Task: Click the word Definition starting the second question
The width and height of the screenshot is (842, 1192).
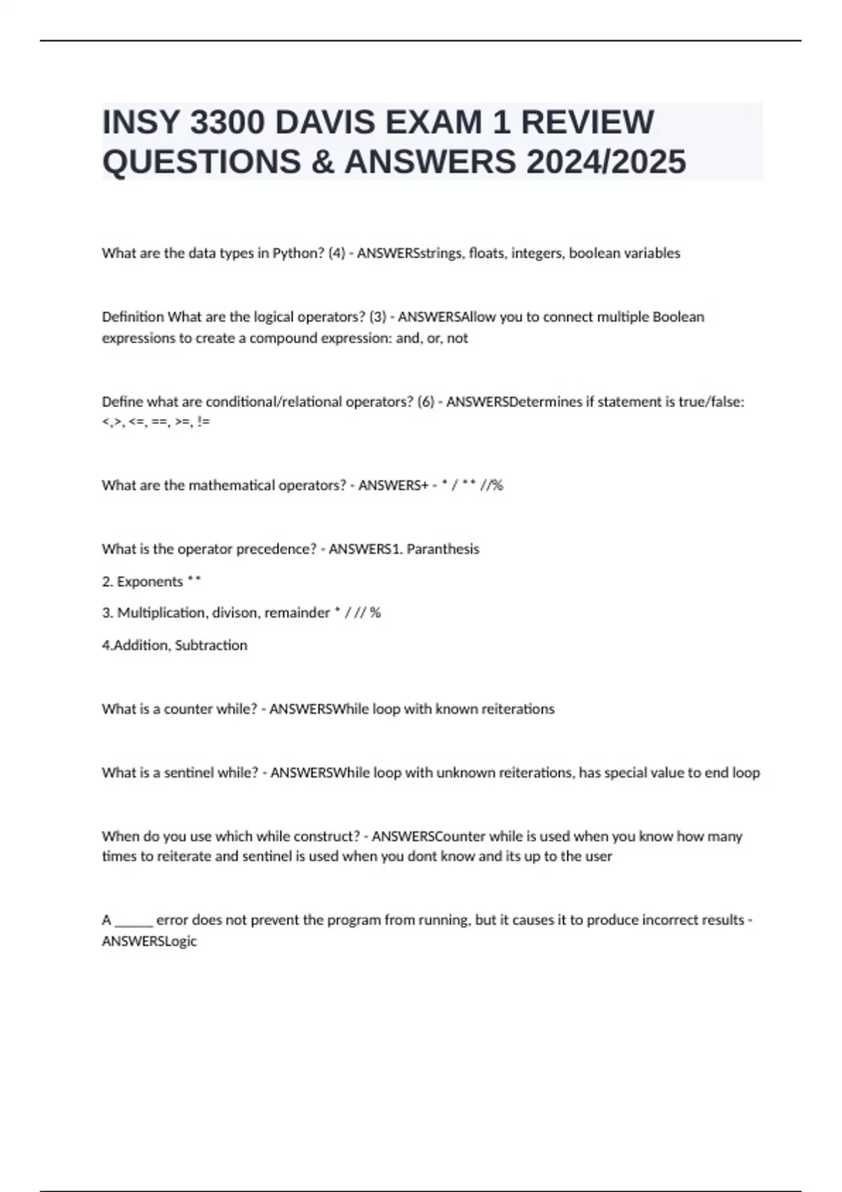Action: pyautogui.click(x=133, y=317)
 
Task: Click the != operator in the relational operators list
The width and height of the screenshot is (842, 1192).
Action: pyautogui.click(x=203, y=422)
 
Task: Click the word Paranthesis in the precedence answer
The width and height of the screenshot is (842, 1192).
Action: pyautogui.click(x=443, y=549)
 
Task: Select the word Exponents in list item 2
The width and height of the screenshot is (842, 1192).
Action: pyautogui.click(x=149, y=582)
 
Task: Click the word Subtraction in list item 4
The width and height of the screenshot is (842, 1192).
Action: pyautogui.click(x=211, y=645)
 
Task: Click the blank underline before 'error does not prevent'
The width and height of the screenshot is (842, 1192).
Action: pyautogui.click(x=133, y=921)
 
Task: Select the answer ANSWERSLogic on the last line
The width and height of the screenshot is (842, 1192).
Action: pyautogui.click(x=149, y=942)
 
